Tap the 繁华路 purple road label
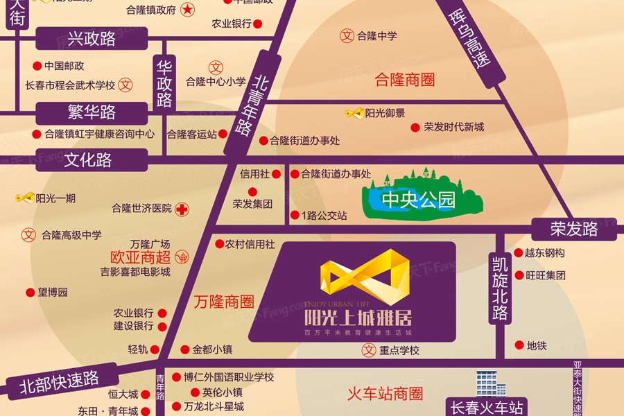click(92, 112)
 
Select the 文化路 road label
click(88, 160)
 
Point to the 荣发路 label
click(573, 229)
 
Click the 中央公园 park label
click(419, 201)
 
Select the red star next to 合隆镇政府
click(187, 10)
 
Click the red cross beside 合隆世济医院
click(182, 208)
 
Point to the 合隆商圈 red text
click(404, 79)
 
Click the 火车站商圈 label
click(385, 395)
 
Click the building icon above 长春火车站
click(490, 383)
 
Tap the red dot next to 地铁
click(519, 345)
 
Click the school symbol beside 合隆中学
click(347, 35)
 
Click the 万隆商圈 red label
click(223, 302)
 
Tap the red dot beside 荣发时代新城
click(415, 128)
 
